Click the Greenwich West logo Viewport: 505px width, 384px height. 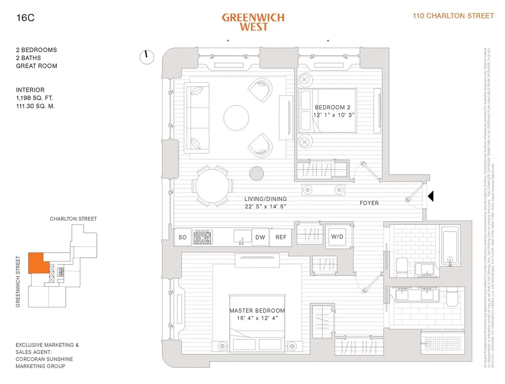tap(253, 22)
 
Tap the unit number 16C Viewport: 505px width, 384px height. tap(24, 18)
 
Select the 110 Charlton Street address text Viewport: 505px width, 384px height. tap(453, 16)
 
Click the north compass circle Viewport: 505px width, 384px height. tap(147, 57)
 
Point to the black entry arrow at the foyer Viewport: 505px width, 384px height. tap(431, 196)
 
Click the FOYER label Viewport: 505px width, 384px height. tap(369, 203)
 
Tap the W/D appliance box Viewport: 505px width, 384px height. tap(337, 237)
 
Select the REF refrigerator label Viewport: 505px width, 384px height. tap(281, 237)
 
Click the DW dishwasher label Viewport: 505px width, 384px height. tap(260, 237)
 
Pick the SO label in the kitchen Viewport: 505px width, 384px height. tap(182, 237)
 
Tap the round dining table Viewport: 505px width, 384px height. tap(213, 185)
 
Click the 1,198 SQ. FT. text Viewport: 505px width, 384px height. tap(35, 98)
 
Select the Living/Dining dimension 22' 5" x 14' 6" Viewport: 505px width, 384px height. tap(266, 206)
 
